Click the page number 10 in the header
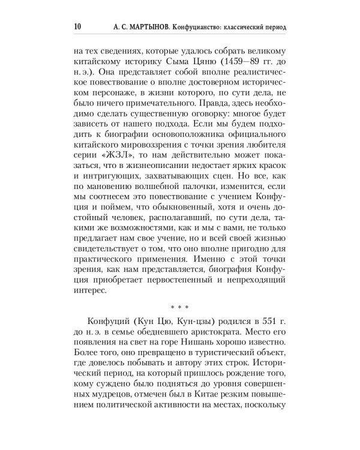(x=77, y=27)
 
